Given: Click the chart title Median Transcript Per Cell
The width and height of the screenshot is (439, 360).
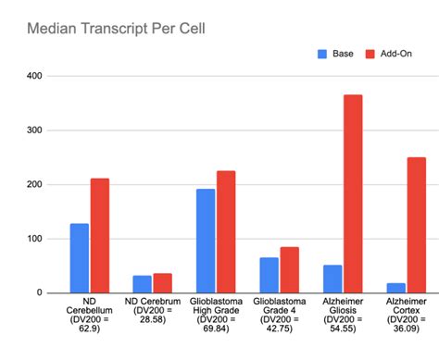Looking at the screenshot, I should click(x=116, y=28).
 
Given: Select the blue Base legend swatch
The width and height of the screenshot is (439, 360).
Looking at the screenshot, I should click(x=322, y=53).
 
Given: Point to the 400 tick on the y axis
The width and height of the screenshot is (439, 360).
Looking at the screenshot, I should click(x=35, y=76).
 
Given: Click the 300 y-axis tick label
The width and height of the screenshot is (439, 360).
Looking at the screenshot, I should click(x=35, y=130).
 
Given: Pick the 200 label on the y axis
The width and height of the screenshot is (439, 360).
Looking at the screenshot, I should click(x=35, y=185).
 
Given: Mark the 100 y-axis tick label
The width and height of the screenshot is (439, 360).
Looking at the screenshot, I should click(x=35, y=239).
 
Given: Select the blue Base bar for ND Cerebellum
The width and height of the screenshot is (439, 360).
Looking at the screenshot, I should click(x=80, y=258).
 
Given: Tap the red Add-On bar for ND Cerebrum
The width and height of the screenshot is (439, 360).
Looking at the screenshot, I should click(x=162, y=283).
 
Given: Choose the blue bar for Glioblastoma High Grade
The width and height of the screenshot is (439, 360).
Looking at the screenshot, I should click(x=205, y=241).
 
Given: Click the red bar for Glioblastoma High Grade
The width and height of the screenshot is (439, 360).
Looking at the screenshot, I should click(x=225, y=232).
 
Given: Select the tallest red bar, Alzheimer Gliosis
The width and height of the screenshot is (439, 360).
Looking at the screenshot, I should click(x=352, y=194).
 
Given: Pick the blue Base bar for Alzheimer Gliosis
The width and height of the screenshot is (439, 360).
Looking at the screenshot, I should click(x=332, y=279).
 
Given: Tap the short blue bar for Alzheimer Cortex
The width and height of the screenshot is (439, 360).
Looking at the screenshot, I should click(x=395, y=288).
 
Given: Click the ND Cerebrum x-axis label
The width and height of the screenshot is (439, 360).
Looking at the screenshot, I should click(x=152, y=310).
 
